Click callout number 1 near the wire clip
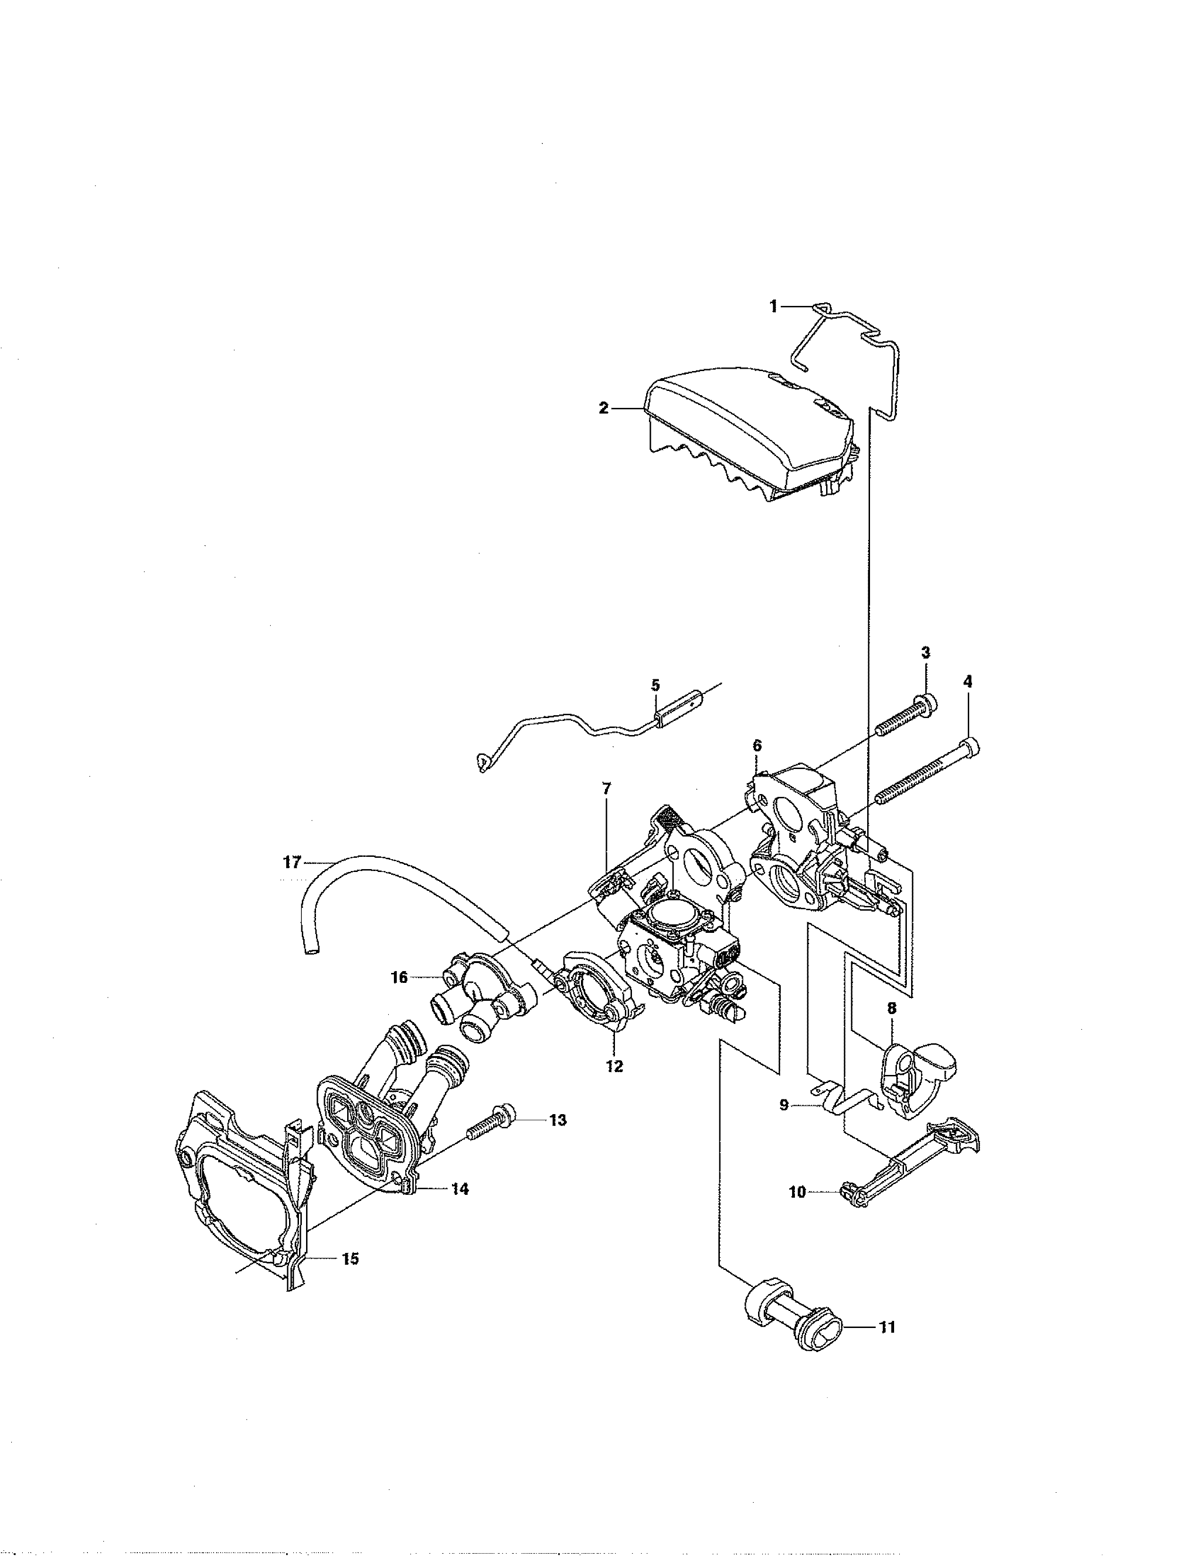click(x=773, y=306)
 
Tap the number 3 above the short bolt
click(x=925, y=652)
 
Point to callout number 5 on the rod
click(x=655, y=685)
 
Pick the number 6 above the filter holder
click(x=757, y=745)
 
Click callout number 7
click(x=606, y=789)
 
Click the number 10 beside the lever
click(x=797, y=1191)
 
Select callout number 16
click(x=399, y=978)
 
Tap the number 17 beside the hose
click(x=292, y=863)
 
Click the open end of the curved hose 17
click(x=311, y=950)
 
